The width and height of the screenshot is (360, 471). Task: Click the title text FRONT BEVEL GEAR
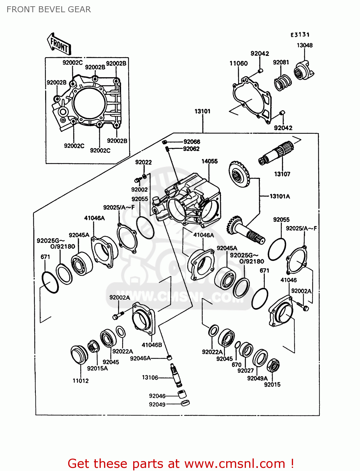[49, 9]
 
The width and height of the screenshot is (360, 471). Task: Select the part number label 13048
[304, 45]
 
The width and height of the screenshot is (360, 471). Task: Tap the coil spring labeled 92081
[282, 83]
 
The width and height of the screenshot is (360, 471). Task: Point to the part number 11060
[238, 63]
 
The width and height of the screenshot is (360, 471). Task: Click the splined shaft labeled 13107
[276, 153]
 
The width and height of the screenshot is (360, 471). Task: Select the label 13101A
[280, 196]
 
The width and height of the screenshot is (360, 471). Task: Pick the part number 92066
[192, 142]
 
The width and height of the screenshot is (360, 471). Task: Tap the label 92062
[191, 149]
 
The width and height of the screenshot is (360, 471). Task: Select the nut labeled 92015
[273, 365]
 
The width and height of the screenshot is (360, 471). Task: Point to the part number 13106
[150, 377]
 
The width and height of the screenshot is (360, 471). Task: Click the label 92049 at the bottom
[157, 404]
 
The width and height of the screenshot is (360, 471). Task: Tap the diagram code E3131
[300, 35]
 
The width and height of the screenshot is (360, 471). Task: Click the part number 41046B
[152, 345]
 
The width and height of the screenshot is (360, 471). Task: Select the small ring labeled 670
[238, 345]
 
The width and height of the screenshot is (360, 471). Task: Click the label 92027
[245, 371]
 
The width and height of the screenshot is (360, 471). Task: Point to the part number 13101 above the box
[202, 111]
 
